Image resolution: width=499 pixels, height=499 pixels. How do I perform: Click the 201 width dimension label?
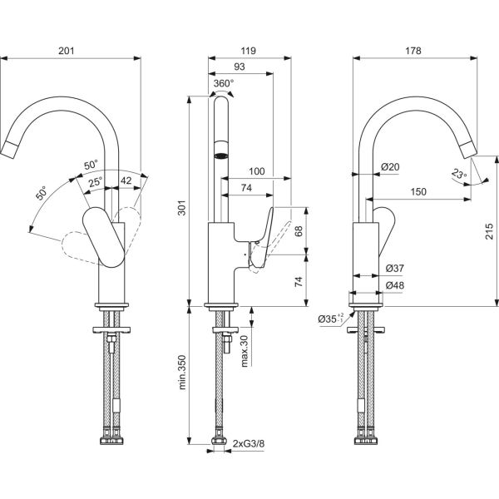(68, 52)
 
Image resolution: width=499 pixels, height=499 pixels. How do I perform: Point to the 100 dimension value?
(257, 171)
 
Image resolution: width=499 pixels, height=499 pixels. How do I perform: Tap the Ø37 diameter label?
(395, 269)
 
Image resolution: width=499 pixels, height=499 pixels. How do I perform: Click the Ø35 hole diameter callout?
(330, 318)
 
